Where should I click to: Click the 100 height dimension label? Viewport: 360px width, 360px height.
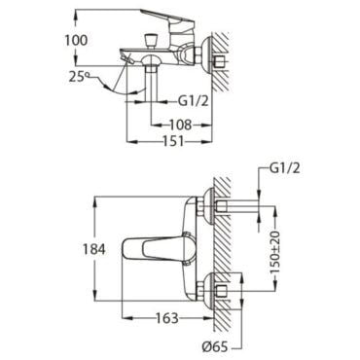(x=76, y=40)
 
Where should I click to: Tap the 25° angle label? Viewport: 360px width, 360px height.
(x=78, y=77)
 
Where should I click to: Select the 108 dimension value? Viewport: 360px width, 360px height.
(x=180, y=125)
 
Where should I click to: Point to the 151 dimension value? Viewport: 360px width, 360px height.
(x=173, y=141)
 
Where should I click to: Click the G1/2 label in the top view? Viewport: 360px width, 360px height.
(x=193, y=101)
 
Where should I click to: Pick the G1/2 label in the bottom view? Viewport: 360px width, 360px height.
(x=285, y=168)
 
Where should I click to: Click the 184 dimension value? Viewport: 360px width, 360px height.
(x=94, y=249)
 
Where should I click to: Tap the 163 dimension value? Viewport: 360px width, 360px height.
(x=167, y=318)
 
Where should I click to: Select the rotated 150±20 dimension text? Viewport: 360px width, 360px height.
(x=276, y=252)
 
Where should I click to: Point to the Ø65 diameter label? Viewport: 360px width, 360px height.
(x=215, y=348)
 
